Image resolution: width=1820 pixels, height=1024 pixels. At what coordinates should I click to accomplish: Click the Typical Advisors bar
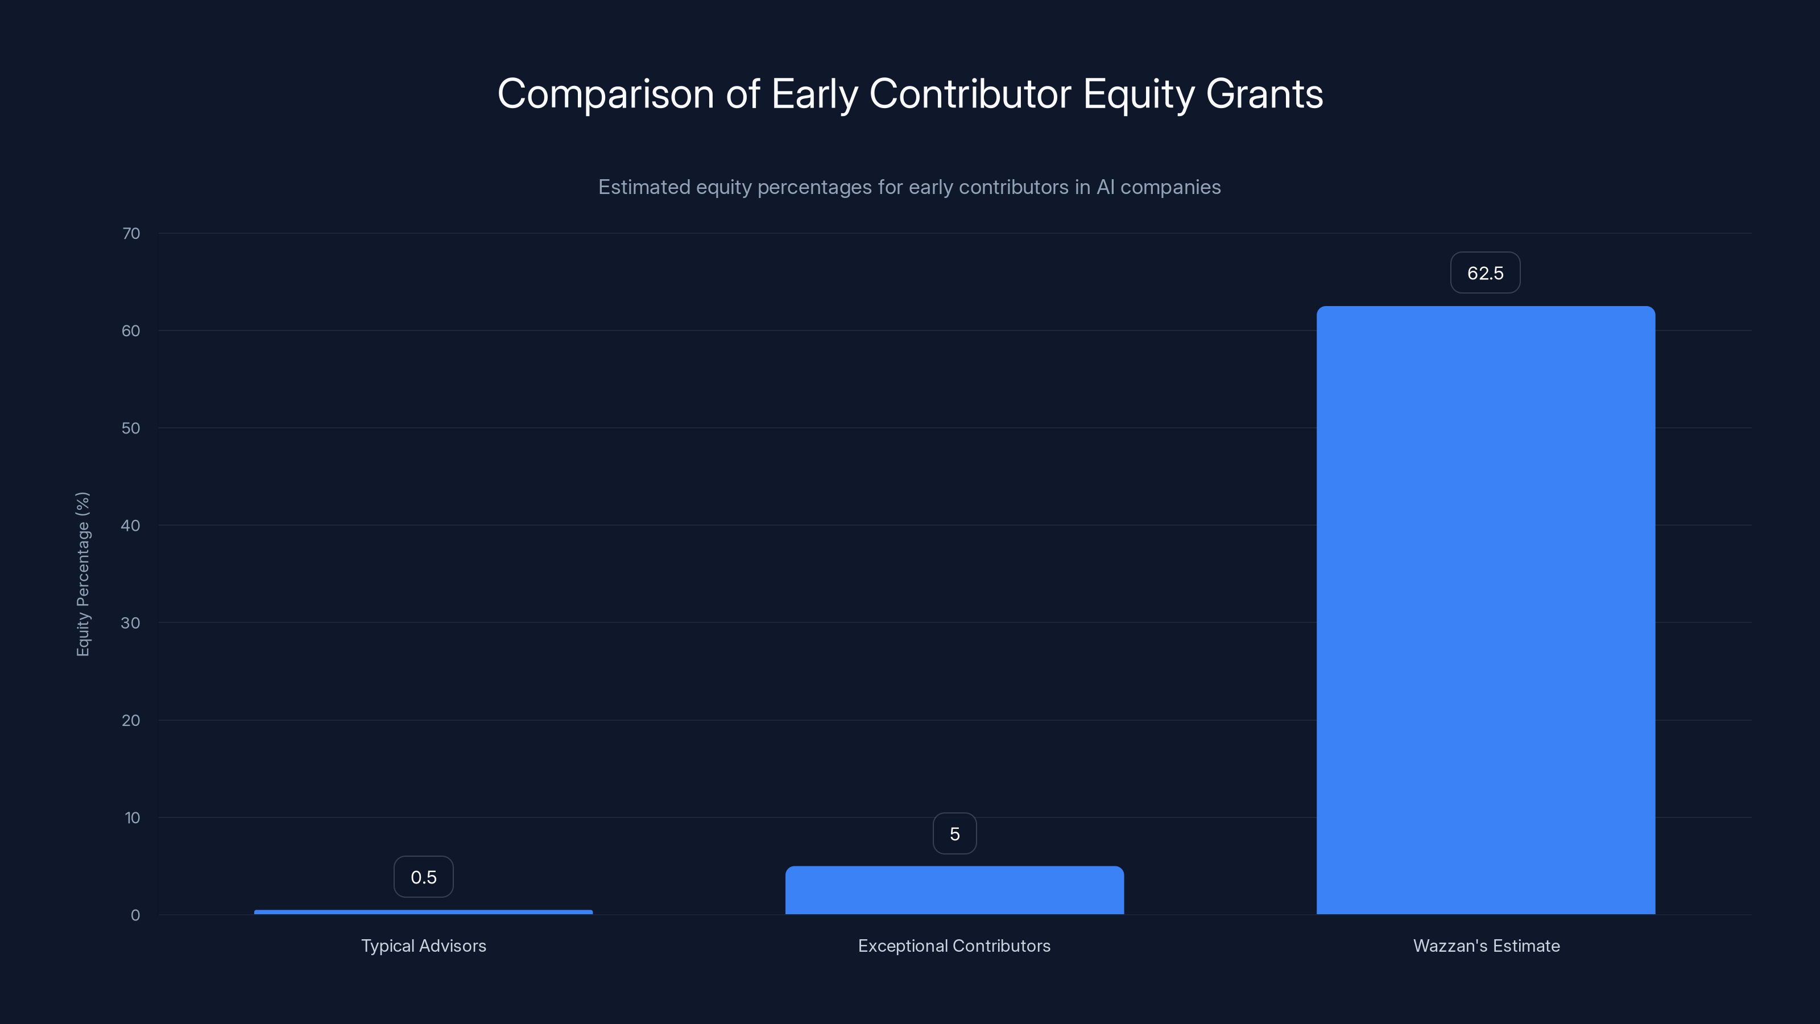(x=423, y=911)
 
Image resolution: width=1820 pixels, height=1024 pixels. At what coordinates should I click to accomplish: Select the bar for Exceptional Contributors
(x=954, y=890)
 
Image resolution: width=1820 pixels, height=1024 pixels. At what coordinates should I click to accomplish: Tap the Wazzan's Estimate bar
(x=1485, y=610)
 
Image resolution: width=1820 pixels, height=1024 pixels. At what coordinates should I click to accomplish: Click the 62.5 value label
(x=1485, y=273)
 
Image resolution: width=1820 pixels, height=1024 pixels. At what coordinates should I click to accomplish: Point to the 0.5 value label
(x=423, y=877)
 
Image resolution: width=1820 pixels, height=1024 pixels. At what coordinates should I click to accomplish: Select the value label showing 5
(x=954, y=834)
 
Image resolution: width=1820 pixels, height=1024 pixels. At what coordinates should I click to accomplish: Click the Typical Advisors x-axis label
(x=423, y=945)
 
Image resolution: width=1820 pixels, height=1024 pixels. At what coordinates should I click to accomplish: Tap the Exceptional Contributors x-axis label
(x=954, y=945)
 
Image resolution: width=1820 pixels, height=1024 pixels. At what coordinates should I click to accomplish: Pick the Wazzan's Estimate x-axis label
(x=1486, y=945)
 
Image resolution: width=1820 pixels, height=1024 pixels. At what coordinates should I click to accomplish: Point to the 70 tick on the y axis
(x=131, y=233)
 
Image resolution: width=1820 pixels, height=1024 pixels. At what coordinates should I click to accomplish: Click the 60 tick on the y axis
(x=131, y=331)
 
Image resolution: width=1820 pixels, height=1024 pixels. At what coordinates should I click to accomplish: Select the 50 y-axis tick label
(x=131, y=428)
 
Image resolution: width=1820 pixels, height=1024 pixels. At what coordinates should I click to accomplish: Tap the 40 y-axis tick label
(x=131, y=525)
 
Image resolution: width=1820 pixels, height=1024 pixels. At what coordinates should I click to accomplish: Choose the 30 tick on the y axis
(x=131, y=622)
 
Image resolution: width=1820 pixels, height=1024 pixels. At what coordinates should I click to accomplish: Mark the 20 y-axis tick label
(x=131, y=720)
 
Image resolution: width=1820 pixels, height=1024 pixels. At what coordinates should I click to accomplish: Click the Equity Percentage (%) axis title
(x=82, y=574)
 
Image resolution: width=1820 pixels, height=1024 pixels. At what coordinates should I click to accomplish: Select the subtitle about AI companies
(x=909, y=187)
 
